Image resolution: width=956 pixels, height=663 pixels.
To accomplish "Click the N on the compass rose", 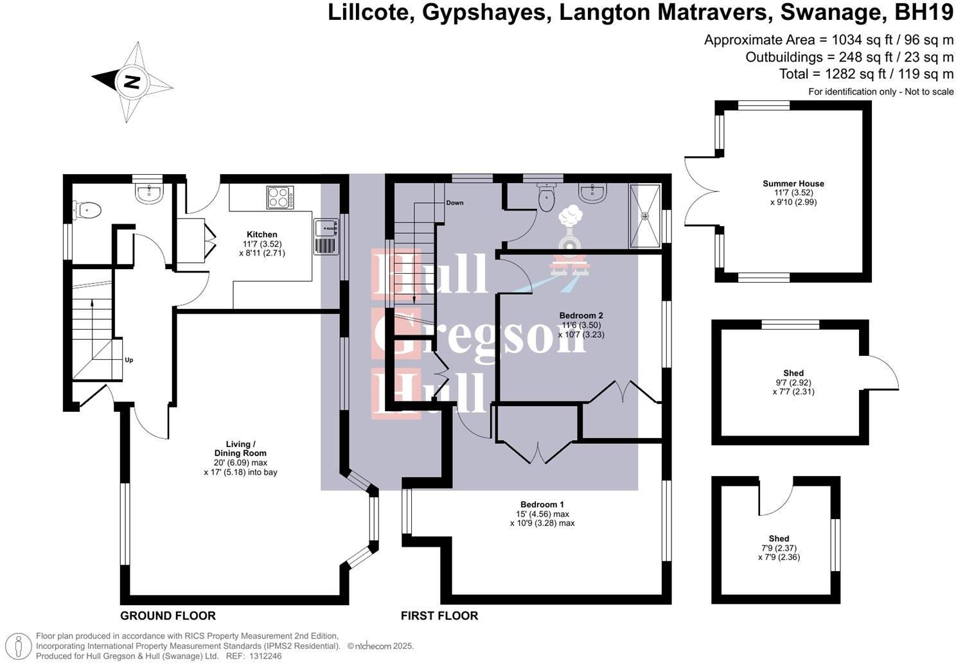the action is pos(132,82).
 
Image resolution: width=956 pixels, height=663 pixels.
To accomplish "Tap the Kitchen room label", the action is pos(262,234).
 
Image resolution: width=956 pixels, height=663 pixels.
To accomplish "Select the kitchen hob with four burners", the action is pos(280,197).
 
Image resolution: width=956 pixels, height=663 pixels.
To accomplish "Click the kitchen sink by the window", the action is pos(326,237).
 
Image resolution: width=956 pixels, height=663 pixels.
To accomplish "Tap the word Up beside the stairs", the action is pos(129,360).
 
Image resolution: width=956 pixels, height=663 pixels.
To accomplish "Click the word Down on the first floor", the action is pos(454,202).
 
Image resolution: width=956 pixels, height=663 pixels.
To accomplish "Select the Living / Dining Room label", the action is pos(240,448).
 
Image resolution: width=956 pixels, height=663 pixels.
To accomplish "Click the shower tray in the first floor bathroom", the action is pos(645,216).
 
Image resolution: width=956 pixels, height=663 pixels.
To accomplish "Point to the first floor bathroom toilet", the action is pos(546,197).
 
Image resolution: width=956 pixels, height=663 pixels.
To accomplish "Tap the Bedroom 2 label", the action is pos(581,315).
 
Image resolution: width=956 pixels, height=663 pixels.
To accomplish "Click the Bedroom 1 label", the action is pos(542,505).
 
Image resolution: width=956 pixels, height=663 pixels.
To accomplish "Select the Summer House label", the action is pos(793,184).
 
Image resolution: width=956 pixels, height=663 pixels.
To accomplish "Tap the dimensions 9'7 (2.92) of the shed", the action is pos(793,383).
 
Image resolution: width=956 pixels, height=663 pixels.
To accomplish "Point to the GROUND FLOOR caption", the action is pos(168,615).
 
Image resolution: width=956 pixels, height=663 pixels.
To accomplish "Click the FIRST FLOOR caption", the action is pos(439,615).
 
